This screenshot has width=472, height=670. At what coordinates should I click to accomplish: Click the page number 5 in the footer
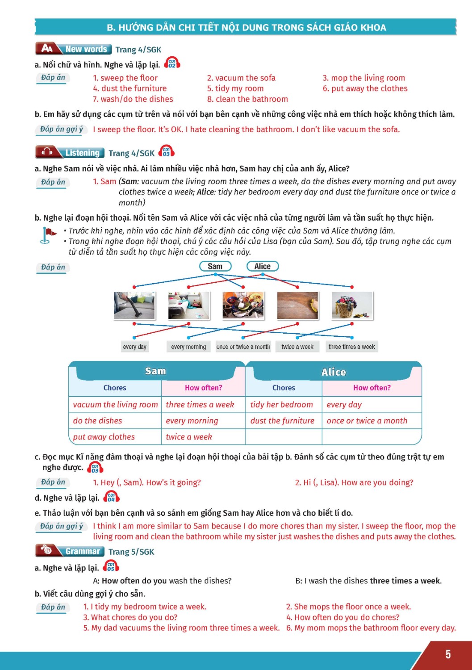(448, 654)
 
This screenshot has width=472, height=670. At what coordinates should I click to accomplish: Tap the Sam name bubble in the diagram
(215, 266)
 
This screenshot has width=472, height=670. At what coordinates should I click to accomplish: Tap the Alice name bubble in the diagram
(263, 266)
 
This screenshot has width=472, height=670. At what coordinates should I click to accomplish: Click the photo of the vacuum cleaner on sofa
(134, 306)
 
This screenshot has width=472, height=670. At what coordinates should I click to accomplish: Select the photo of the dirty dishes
(243, 306)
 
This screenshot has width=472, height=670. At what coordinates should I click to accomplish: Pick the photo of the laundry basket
(352, 306)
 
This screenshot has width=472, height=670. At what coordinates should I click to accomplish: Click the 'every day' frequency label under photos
(134, 347)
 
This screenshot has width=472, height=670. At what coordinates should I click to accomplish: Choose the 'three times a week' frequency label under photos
(352, 347)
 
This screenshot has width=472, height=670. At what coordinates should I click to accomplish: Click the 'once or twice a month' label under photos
(243, 347)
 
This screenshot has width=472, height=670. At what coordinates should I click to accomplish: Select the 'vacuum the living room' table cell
(115, 405)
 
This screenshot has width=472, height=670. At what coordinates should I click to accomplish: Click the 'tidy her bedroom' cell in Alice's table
(282, 405)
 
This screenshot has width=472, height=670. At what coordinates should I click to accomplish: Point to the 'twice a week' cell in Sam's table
(189, 437)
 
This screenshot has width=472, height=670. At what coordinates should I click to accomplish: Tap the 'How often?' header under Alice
(372, 388)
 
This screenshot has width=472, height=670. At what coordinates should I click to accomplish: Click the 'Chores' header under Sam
(115, 388)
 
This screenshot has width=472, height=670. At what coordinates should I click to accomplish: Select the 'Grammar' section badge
(71, 551)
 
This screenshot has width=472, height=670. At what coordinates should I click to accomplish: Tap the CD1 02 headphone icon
(172, 63)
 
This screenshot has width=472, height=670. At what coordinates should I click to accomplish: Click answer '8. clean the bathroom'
(247, 99)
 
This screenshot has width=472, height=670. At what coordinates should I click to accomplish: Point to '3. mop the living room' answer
(364, 78)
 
